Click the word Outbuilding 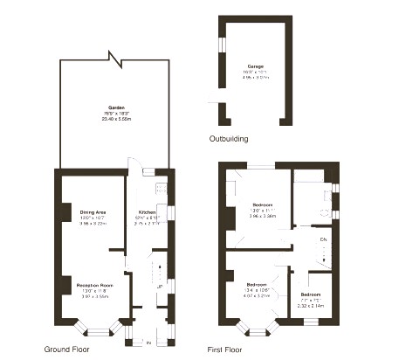pyautogui.click(x=229, y=139)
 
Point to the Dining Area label pyautogui.click(x=93, y=213)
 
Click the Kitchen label pyautogui.click(x=147, y=213)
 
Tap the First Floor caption pyautogui.click(x=227, y=349)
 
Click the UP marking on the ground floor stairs pyautogui.click(x=160, y=286)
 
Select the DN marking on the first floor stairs pyautogui.click(x=323, y=239)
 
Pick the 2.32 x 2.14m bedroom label pyautogui.click(x=311, y=300)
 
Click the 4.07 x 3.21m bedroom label pyautogui.click(x=256, y=291)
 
